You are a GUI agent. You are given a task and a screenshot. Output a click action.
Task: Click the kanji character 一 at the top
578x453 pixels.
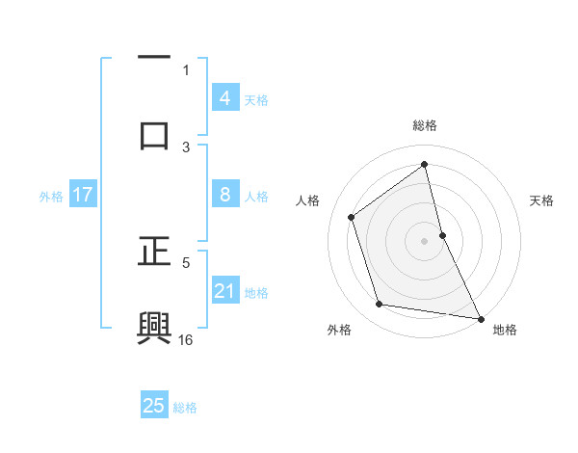click(x=154, y=59)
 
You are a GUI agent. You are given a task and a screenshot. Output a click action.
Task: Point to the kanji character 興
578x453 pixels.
click(x=154, y=327)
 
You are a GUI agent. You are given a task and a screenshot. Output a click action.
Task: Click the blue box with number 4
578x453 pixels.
click(x=224, y=97)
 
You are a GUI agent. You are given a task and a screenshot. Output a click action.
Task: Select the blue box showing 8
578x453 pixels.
click(x=224, y=195)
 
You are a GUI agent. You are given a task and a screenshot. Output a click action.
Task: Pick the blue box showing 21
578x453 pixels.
click(x=224, y=291)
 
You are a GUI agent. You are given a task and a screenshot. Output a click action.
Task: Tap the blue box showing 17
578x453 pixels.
click(x=83, y=195)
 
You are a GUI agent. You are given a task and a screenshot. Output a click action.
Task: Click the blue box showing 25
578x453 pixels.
click(x=154, y=406)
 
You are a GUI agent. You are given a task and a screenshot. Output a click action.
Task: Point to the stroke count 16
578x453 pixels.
click(x=186, y=339)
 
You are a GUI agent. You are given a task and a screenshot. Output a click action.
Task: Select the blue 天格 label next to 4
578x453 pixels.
click(x=256, y=99)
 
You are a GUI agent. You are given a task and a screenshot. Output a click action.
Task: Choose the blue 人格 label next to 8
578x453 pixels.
click(x=256, y=197)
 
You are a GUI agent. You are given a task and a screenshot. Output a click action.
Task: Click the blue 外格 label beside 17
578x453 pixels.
click(x=51, y=197)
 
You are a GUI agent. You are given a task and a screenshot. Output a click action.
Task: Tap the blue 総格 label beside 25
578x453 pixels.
click(x=185, y=408)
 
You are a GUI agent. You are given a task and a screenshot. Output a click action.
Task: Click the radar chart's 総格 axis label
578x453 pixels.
click(x=425, y=125)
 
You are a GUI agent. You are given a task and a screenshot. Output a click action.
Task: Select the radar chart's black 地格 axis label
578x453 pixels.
click(x=505, y=330)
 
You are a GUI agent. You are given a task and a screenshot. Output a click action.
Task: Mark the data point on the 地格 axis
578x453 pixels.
click(x=480, y=317)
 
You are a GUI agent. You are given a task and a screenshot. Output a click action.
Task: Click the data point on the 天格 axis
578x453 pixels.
click(x=442, y=235)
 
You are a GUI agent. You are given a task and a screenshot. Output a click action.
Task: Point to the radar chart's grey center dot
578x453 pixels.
click(x=425, y=241)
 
